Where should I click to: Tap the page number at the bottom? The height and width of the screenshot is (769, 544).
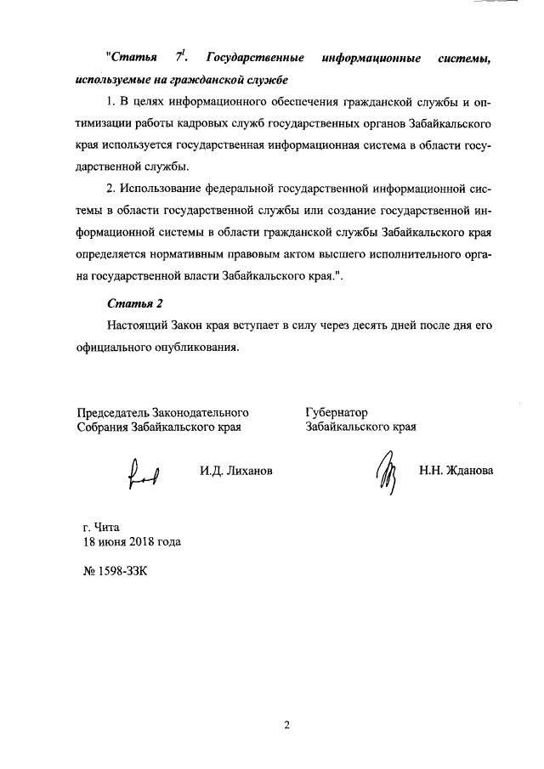pos(286,725)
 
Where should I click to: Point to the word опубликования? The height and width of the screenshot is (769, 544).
pos(197,346)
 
